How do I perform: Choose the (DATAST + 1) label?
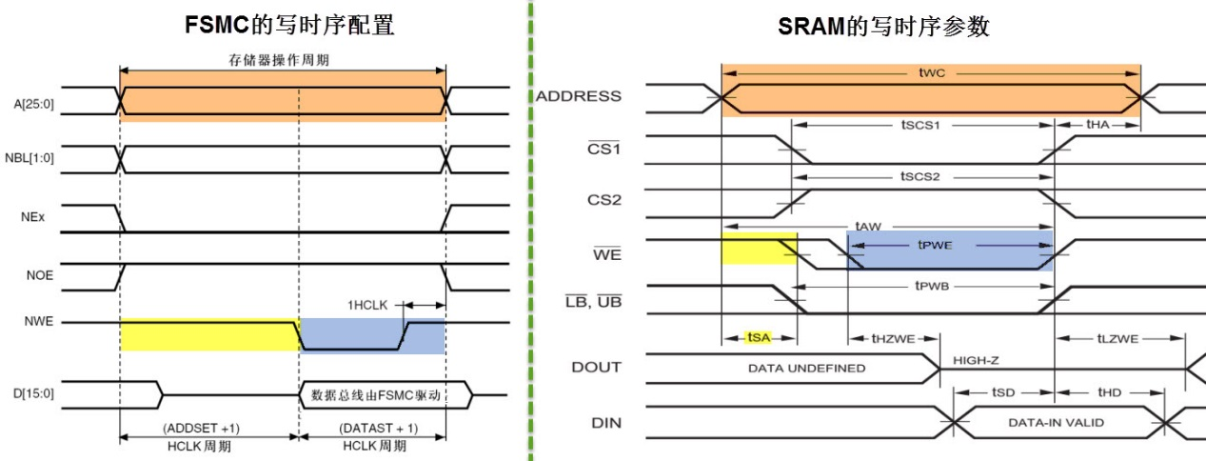(375, 427)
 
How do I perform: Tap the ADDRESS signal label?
(578, 96)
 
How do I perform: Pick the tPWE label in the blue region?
(935, 245)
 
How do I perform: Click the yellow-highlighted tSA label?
(758, 337)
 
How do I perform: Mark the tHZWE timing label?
(893, 337)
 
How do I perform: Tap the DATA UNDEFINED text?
(806, 368)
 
